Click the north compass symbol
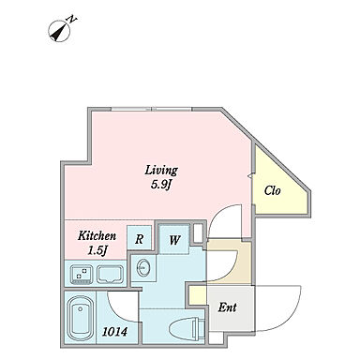(x=59, y=31)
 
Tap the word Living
(x=161, y=170)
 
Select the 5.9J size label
(x=161, y=185)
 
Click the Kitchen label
(x=97, y=235)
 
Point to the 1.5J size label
(x=97, y=250)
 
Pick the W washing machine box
(x=174, y=239)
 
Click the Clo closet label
(x=272, y=190)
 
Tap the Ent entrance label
(x=227, y=307)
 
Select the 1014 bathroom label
(x=115, y=332)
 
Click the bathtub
(x=81, y=318)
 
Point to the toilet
(x=187, y=329)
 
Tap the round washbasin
(x=143, y=267)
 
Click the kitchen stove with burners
(x=82, y=274)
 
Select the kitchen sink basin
(x=110, y=274)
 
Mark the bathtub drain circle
(x=81, y=309)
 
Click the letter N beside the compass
(x=71, y=19)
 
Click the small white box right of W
(x=198, y=232)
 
